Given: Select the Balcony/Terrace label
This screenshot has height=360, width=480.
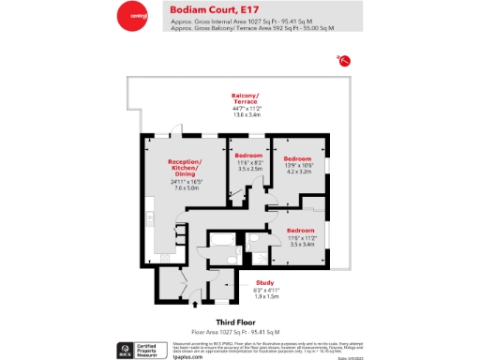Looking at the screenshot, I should point(245,98).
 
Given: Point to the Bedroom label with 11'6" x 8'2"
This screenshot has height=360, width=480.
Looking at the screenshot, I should point(248,155).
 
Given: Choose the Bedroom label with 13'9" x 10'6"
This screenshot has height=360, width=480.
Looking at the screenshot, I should point(297,158).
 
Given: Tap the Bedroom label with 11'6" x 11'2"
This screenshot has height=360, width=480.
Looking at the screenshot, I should point(300,230).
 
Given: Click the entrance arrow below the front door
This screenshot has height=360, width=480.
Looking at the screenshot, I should point(195,302).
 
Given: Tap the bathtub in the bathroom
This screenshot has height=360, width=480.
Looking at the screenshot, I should point(223,244).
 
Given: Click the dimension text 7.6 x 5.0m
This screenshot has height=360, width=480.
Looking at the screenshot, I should point(186,188).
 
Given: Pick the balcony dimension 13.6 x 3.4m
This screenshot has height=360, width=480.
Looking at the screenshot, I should point(245,114).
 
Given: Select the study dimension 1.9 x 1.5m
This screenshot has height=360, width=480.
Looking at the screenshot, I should point(266,295).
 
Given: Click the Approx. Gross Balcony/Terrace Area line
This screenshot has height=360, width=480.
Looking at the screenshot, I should point(252,29).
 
